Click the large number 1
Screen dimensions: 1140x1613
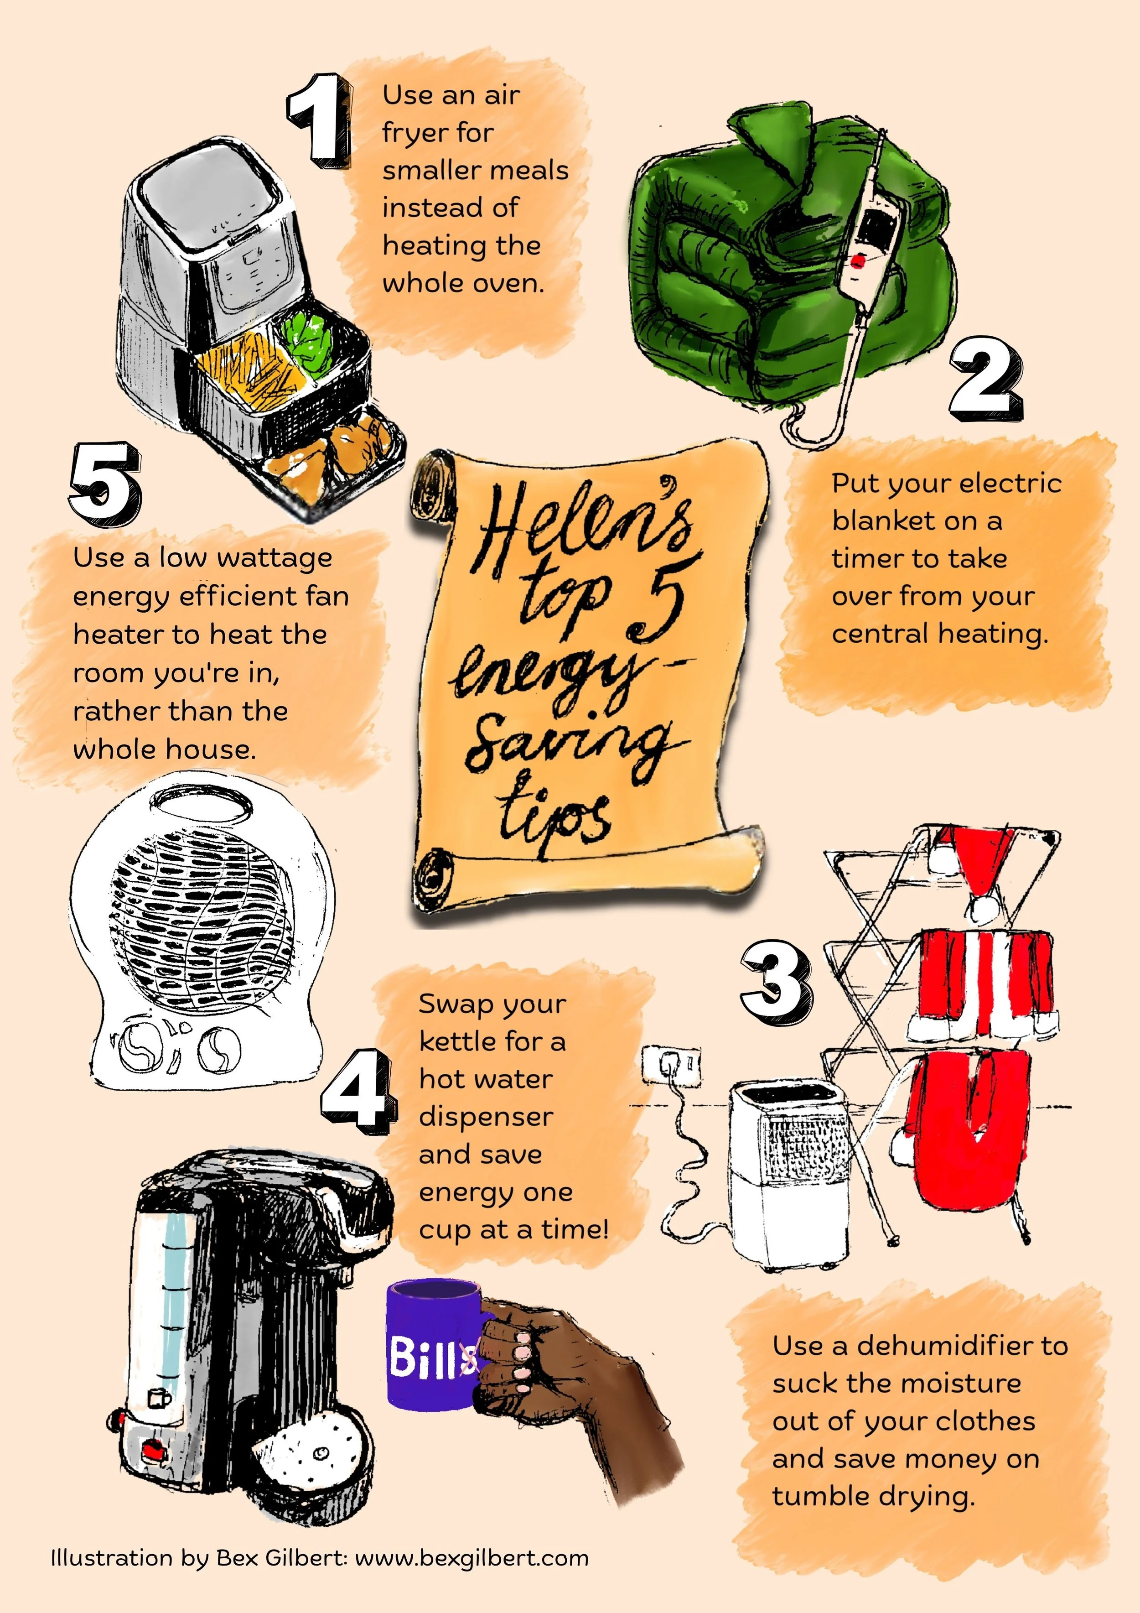point(320,119)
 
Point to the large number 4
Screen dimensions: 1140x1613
point(355,1091)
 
